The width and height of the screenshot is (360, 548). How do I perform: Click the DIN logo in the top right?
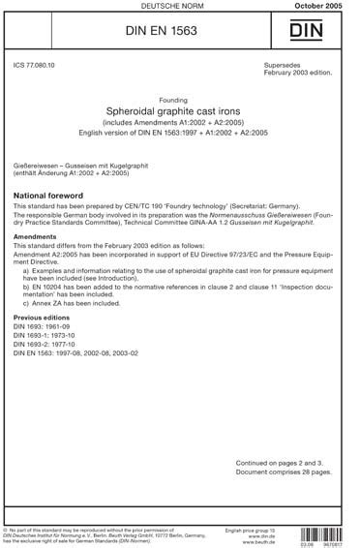pyautogui.click(x=325, y=36)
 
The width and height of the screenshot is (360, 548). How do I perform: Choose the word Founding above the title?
pyautogui.click(x=179, y=99)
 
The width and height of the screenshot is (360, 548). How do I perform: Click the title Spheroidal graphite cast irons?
pyautogui.click(x=179, y=111)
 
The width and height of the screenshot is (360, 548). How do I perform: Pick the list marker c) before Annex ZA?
pyautogui.click(x=25, y=303)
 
